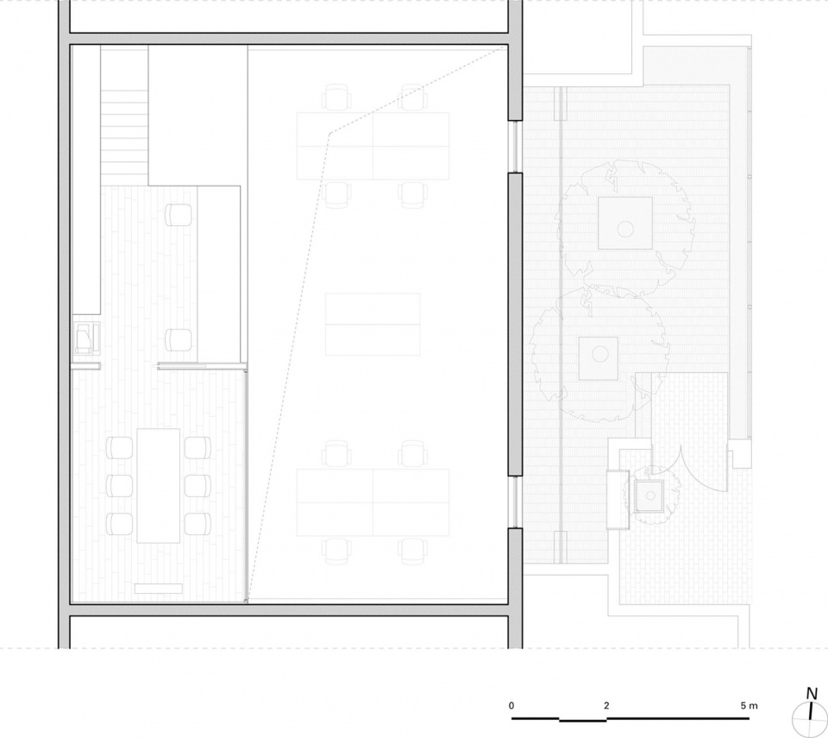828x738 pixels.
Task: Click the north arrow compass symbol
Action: click(x=810, y=720)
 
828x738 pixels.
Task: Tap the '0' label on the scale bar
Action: click(x=511, y=705)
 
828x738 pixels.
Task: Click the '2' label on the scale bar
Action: click(x=606, y=705)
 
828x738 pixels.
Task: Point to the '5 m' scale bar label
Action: click(x=749, y=705)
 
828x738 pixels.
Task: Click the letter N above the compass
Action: click(x=812, y=694)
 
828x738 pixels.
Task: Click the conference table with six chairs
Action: click(x=159, y=486)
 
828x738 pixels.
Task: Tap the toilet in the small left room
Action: click(x=85, y=337)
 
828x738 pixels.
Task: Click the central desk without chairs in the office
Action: click(x=373, y=324)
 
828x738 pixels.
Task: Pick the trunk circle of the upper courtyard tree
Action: click(x=625, y=229)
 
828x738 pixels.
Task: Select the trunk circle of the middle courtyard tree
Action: click(x=600, y=354)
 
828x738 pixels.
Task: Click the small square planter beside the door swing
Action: click(x=649, y=495)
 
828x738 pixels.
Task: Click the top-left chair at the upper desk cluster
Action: click(x=337, y=98)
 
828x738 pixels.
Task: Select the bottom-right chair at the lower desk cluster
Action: click(x=412, y=552)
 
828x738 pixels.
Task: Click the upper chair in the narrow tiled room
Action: click(x=179, y=215)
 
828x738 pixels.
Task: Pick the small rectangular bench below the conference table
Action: click(x=159, y=589)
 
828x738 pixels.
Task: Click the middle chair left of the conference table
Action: click(x=119, y=486)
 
